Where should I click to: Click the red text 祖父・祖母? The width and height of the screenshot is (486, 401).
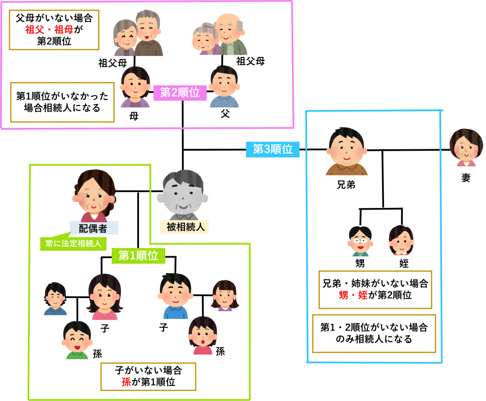click(49, 30)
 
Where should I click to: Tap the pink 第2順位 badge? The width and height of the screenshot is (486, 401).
click(180, 93)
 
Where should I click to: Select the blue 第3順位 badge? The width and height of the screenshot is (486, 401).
click(273, 149)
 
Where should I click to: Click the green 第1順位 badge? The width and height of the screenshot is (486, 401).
click(139, 256)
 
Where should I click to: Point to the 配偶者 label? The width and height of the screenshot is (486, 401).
click(93, 228)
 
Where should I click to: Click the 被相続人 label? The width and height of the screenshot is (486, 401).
click(184, 227)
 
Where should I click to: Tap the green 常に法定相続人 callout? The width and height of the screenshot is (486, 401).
click(73, 244)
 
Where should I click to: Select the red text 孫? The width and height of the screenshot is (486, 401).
click(126, 382)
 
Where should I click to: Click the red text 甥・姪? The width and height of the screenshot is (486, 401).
click(353, 295)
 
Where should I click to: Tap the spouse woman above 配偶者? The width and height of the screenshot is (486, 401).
click(94, 194)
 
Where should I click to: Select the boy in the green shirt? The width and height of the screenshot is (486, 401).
click(77, 339)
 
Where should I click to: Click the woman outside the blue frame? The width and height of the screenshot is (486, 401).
click(466, 147)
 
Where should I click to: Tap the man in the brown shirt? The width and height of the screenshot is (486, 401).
click(347, 151)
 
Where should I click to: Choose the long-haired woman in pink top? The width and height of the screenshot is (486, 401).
click(104, 296)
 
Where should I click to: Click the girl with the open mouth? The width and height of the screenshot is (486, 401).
click(203, 335)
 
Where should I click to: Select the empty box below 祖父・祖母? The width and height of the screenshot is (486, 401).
click(62, 102)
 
